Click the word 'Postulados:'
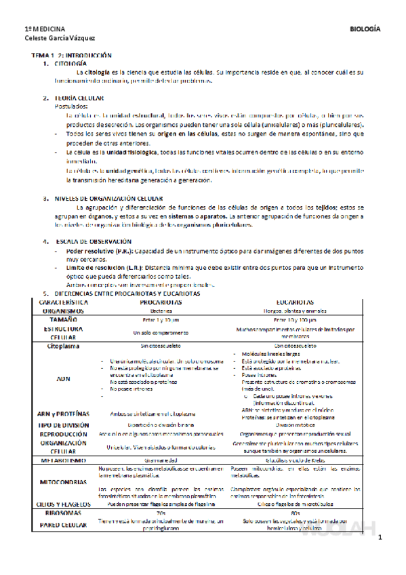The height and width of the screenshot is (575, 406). pos(70,106)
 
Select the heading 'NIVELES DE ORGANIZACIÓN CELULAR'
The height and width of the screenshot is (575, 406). pos(104,199)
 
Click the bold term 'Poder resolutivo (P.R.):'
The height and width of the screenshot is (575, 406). pos(94,251)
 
